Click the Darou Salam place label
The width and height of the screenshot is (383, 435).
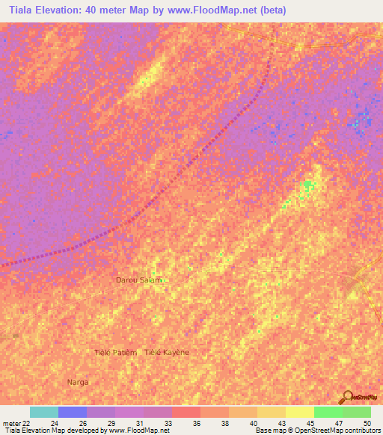coord(138,280)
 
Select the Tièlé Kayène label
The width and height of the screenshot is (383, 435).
coord(167,352)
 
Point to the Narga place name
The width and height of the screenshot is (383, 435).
coord(77,382)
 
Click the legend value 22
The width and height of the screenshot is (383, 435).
coord(27,424)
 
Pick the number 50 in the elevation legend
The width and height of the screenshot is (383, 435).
coord(367,424)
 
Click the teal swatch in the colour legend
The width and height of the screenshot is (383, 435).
coord(44,413)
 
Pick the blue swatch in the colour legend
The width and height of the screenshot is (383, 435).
coord(73,413)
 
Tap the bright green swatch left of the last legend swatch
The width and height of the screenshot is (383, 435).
coord(328,413)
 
